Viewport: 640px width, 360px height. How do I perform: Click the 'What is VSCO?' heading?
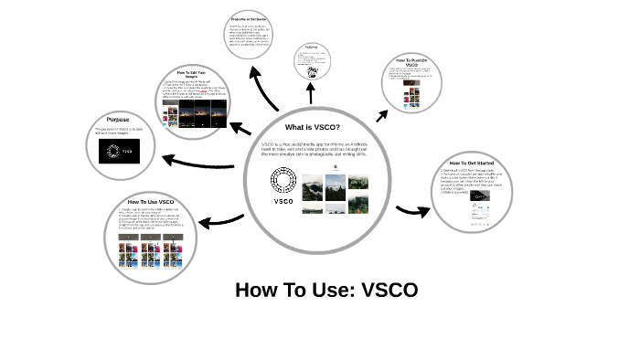(312, 126)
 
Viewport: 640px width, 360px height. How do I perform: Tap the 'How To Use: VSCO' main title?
(326, 291)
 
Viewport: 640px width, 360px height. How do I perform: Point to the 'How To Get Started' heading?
(471, 163)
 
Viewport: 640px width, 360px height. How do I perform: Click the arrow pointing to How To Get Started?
(412, 211)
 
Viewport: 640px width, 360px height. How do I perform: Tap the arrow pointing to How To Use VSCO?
(220, 218)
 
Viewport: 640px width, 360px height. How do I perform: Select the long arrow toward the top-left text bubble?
(265, 88)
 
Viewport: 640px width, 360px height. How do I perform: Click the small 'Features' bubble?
(312, 61)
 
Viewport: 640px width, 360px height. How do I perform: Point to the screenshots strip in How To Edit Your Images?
(192, 110)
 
